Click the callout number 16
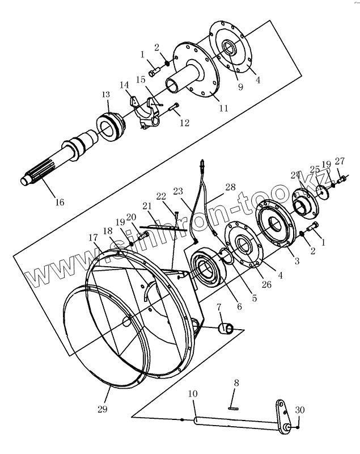[60, 202]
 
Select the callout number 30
[300, 410]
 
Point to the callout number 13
[106, 95]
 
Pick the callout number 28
[230, 187]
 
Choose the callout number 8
[237, 384]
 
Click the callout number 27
[340, 161]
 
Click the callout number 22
[162, 196]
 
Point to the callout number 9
[240, 87]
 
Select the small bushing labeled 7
[228, 327]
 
